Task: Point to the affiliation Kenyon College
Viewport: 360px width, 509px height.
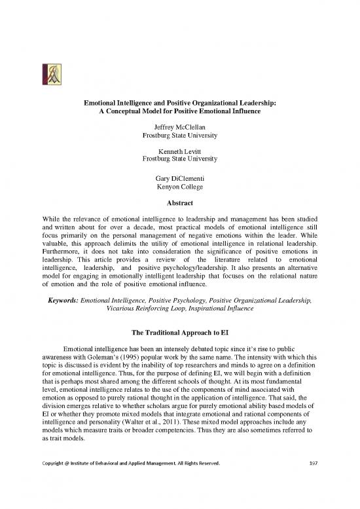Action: (x=179, y=187)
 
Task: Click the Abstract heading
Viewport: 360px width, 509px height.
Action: (x=179, y=203)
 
